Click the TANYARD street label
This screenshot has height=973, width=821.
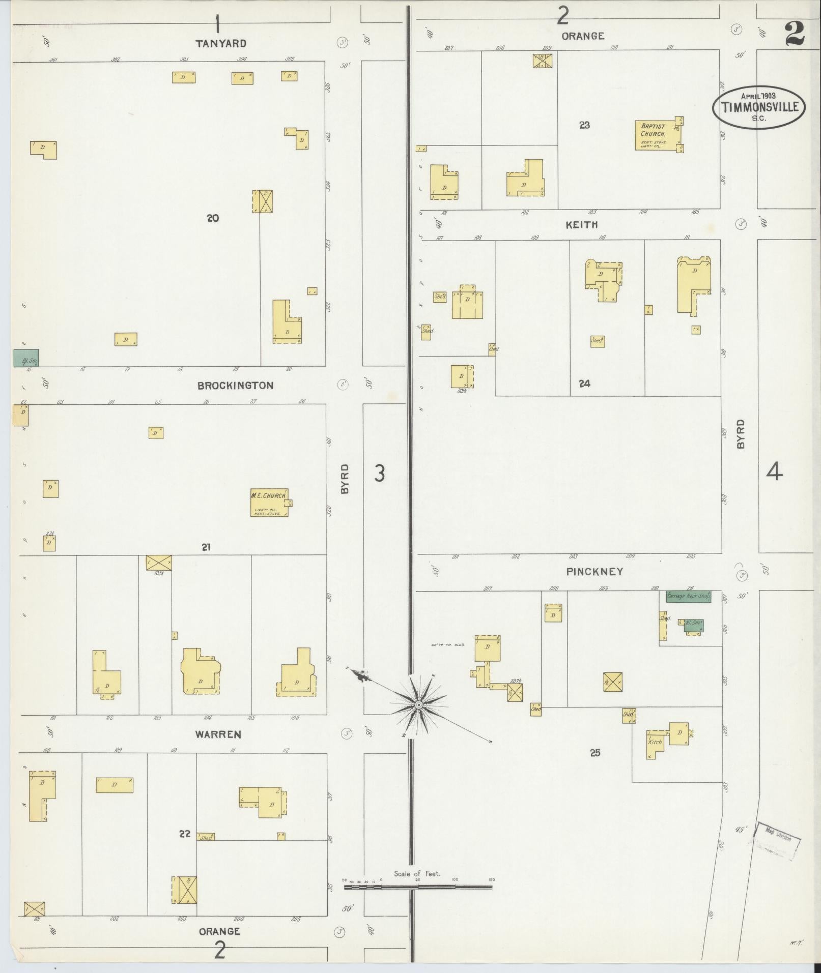221,44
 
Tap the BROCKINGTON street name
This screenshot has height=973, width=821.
235,386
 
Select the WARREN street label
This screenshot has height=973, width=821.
218,734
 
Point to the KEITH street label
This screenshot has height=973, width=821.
582,224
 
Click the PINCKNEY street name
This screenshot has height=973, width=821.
594,572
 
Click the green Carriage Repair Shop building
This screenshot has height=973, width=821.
688,596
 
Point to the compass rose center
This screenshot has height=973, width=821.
418,704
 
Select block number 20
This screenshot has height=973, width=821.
213,218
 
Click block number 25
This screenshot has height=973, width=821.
595,753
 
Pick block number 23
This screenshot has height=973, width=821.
584,125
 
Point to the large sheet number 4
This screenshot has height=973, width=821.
774,473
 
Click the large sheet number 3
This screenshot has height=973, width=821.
380,474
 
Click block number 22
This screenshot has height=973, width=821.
185,834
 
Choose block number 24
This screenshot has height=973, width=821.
584,384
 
